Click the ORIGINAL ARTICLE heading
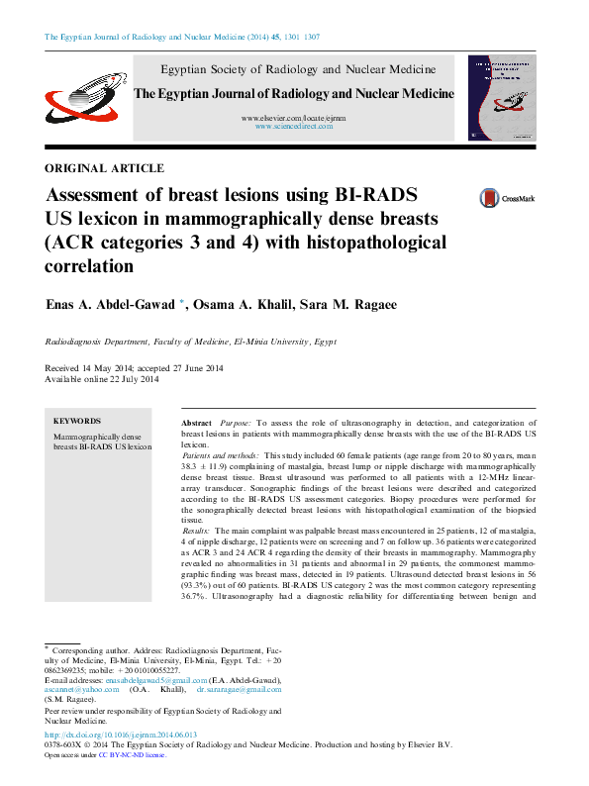click(104, 168)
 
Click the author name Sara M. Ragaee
click(355, 305)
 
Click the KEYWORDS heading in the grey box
click(76, 421)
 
